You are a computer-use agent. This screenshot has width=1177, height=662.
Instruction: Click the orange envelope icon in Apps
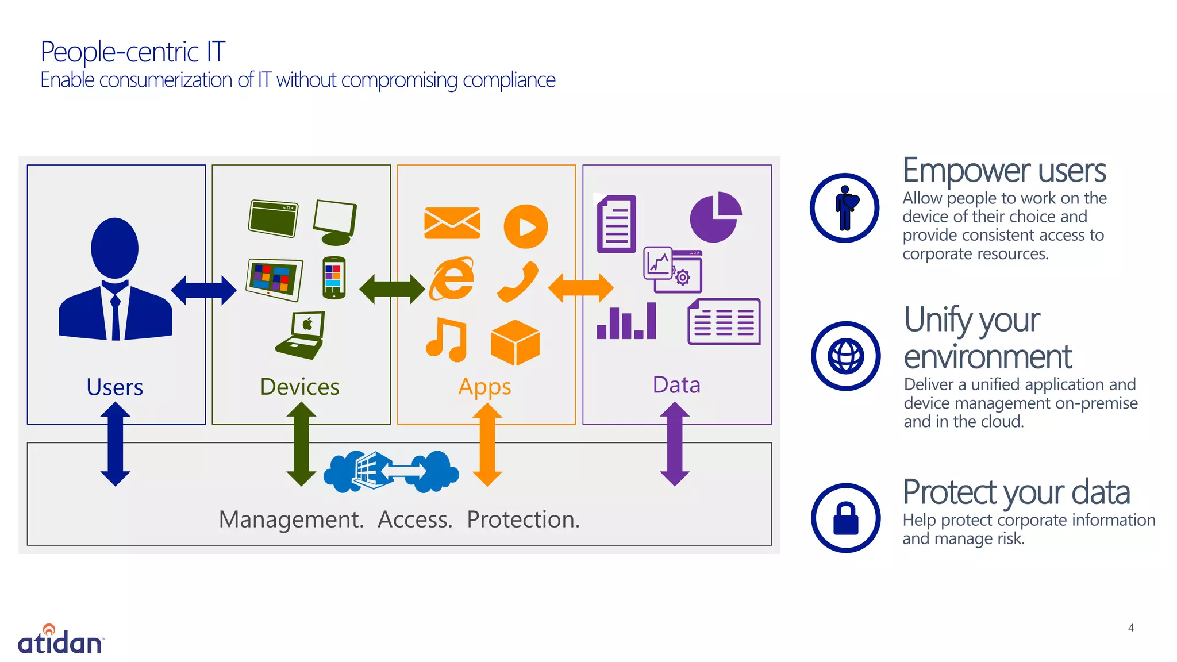click(x=452, y=223)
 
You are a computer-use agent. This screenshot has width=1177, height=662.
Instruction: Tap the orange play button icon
click(x=525, y=226)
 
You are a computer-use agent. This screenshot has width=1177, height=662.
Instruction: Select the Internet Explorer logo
click(x=453, y=279)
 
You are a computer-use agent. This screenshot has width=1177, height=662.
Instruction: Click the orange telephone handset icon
click(x=518, y=282)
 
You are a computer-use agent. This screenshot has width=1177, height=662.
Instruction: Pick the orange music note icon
click(x=447, y=340)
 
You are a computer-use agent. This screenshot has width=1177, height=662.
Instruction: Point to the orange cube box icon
click(x=515, y=342)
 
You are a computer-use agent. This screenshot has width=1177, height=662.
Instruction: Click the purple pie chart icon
click(x=715, y=218)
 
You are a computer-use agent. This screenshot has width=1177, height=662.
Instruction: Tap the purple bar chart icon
click(x=626, y=322)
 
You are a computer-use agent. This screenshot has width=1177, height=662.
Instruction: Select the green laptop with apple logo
click(x=301, y=336)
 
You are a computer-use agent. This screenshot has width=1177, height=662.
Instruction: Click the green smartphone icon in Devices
click(x=333, y=278)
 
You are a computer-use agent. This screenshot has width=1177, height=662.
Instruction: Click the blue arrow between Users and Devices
click(x=203, y=290)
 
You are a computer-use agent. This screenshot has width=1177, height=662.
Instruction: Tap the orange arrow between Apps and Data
click(x=580, y=288)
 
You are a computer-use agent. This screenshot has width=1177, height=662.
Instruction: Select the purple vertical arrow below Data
click(x=675, y=444)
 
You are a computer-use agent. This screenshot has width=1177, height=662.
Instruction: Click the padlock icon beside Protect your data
click(x=845, y=518)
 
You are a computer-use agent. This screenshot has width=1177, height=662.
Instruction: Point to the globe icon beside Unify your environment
click(x=845, y=356)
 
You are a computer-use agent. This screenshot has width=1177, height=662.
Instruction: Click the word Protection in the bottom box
click(x=522, y=519)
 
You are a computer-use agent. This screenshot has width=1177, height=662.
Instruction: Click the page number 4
click(x=1130, y=628)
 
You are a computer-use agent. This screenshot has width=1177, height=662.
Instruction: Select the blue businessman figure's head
click(x=115, y=247)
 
